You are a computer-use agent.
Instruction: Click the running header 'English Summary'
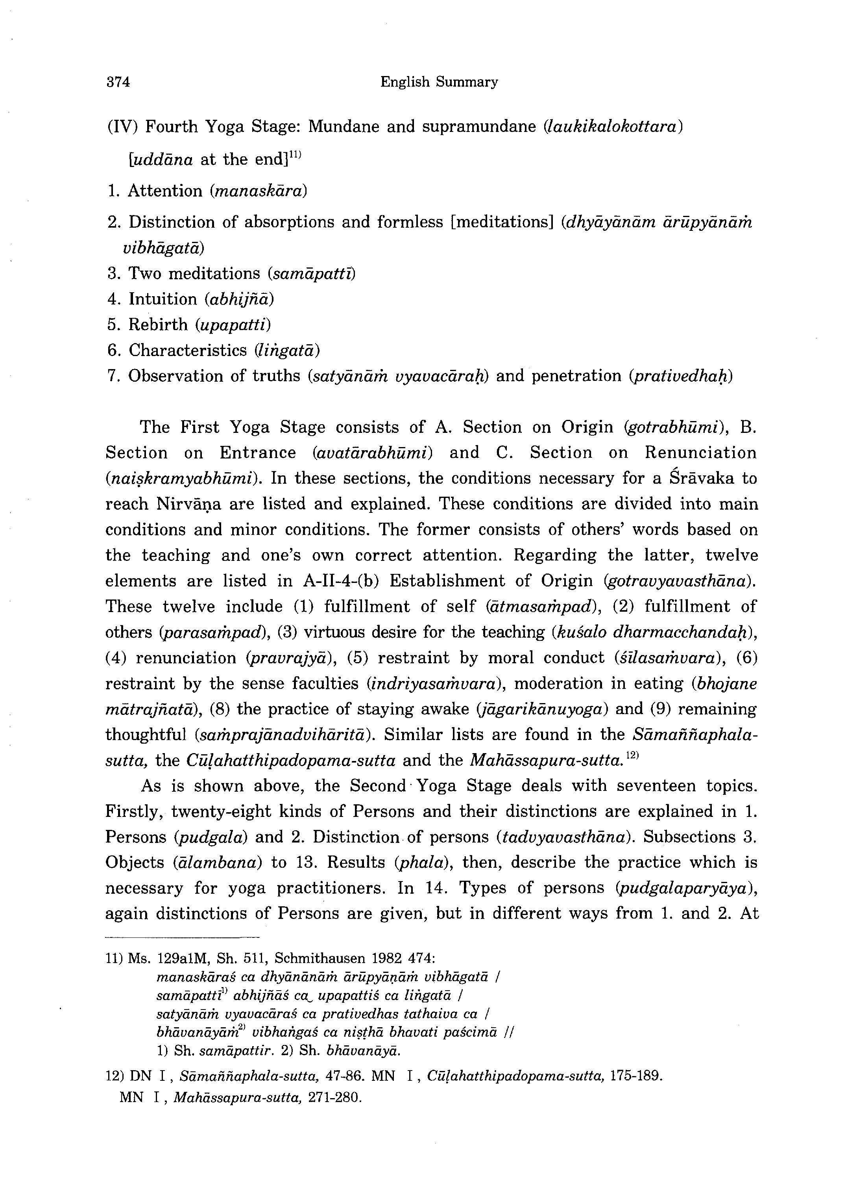point(439,82)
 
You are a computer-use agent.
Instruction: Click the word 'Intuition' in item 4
point(163,299)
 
